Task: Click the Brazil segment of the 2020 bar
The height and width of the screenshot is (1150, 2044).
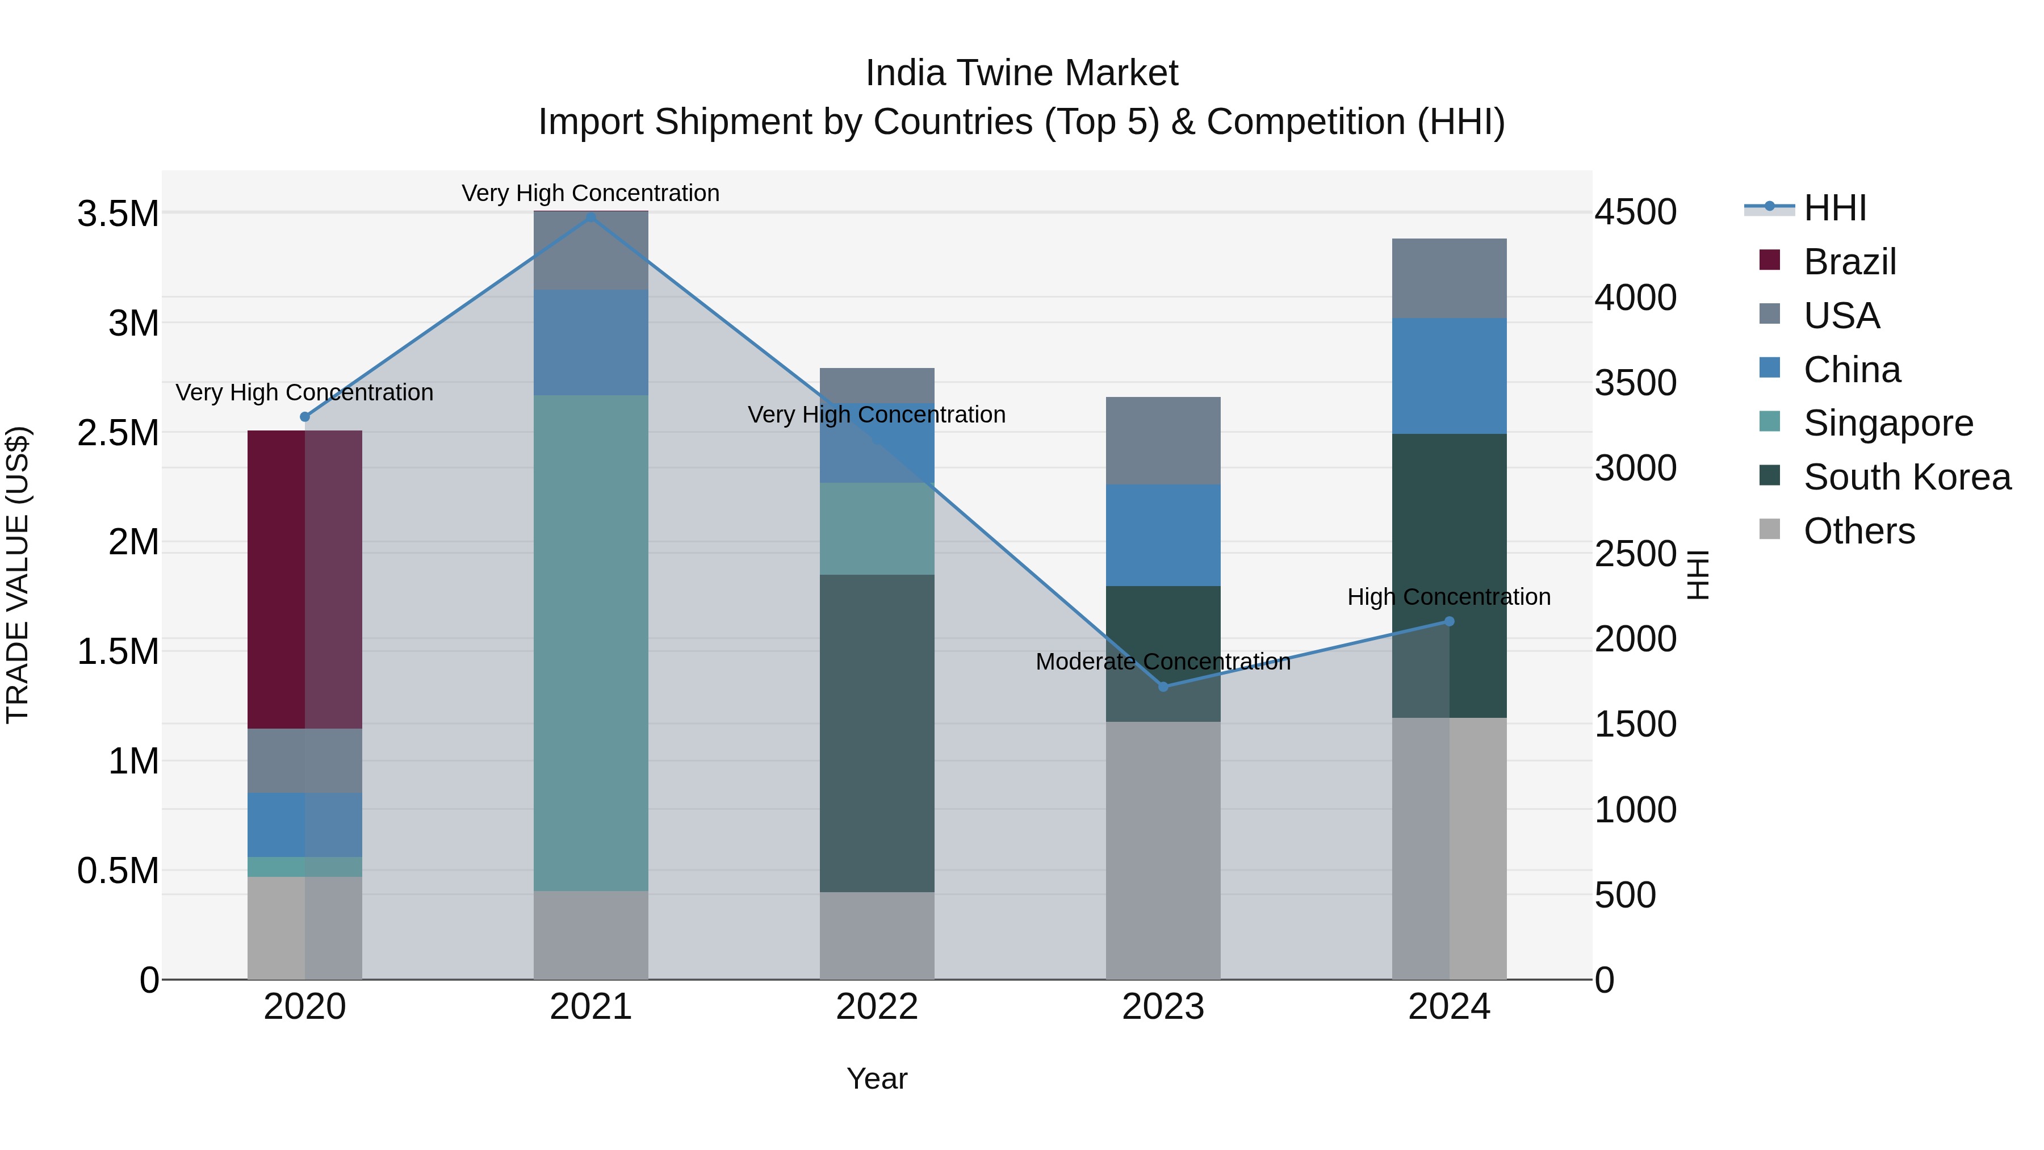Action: tap(305, 579)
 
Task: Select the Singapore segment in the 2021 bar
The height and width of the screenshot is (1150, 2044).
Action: tap(590, 643)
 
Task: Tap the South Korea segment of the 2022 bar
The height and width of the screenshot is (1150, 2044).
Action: tap(877, 733)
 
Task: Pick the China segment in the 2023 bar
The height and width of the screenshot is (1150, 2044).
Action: tap(1163, 535)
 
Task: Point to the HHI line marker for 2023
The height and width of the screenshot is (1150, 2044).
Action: tap(1163, 687)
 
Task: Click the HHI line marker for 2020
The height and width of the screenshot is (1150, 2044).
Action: tap(305, 417)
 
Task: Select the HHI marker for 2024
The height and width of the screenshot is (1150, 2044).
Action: tap(1449, 621)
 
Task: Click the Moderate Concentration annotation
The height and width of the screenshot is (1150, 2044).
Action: tap(1163, 662)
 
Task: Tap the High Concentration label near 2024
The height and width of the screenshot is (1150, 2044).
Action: tap(1449, 597)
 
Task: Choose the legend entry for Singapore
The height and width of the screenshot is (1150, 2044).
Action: tap(1888, 423)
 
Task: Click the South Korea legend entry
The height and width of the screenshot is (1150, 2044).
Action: tap(1907, 477)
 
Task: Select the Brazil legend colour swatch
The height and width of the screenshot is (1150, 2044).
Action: tap(1769, 260)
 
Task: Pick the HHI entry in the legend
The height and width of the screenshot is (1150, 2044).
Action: tap(1834, 208)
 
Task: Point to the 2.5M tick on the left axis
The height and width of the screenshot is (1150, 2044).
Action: tap(118, 433)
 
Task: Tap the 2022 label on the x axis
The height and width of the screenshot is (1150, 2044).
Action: tap(877, 1007)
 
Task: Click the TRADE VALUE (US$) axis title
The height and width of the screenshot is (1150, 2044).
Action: tap(18, 575)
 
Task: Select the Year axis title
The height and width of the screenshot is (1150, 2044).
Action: tap(877, 1078)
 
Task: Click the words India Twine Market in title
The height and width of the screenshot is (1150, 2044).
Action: tap(1021, 73)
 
